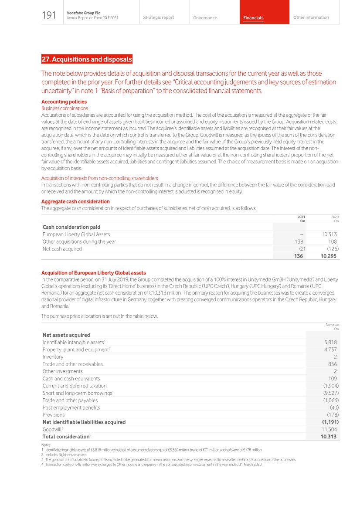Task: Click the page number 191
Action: [x=49, y=16]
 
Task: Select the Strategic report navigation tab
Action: [x=158, y=17]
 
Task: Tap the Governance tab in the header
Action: [x=205, y=18]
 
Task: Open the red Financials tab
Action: [x=253, y=18]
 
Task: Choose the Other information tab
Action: [x=311, y=17]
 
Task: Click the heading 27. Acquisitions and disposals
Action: [x=87, y=59]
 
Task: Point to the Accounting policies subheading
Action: [x=64, y=102]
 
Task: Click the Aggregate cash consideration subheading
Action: [x=75, y=201]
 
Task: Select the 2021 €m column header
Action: [x=301, y=218]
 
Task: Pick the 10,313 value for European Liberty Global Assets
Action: [x=329, y=234]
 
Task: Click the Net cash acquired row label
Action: [x=62, y=249]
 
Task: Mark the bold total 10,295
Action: [x=328, y=256]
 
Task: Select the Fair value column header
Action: [x=332, y=326]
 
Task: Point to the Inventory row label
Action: [x=53, y=357]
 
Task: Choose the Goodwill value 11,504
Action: [x=329, y=429]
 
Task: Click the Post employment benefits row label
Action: [x=71, y=407]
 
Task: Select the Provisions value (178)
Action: [x=333, y=415]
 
